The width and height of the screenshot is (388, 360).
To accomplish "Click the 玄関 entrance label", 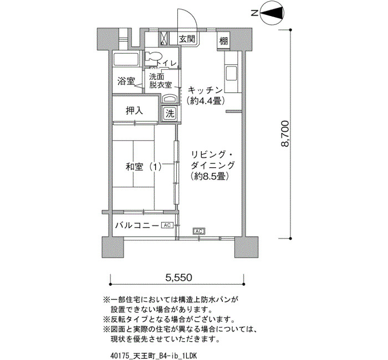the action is pos(187,39).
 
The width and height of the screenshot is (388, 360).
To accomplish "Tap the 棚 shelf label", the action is pos(223,41).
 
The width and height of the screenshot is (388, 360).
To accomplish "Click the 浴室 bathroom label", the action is pos(126,81).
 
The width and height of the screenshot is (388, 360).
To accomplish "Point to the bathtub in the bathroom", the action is pos(126,59).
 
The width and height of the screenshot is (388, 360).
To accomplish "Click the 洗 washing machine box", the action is pos(170,114).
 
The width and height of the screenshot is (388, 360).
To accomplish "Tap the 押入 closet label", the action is pos(134,111).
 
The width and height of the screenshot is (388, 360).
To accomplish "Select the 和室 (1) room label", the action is pos(144,167).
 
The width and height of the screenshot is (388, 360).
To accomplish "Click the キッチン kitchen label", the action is pos(206,90).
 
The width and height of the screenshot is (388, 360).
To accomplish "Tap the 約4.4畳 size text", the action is pos(206,101).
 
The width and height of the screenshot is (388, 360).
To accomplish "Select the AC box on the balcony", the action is pos(167,225).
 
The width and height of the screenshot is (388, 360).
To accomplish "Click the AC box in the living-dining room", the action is pos(199,231).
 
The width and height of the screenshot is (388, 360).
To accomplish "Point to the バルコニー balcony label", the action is pos(137,225).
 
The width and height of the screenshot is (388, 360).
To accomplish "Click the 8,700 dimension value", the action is pos(285,134).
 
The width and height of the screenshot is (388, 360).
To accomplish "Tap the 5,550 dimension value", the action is pos(178,277).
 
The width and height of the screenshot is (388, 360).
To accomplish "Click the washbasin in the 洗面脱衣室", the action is pos(170,99).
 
